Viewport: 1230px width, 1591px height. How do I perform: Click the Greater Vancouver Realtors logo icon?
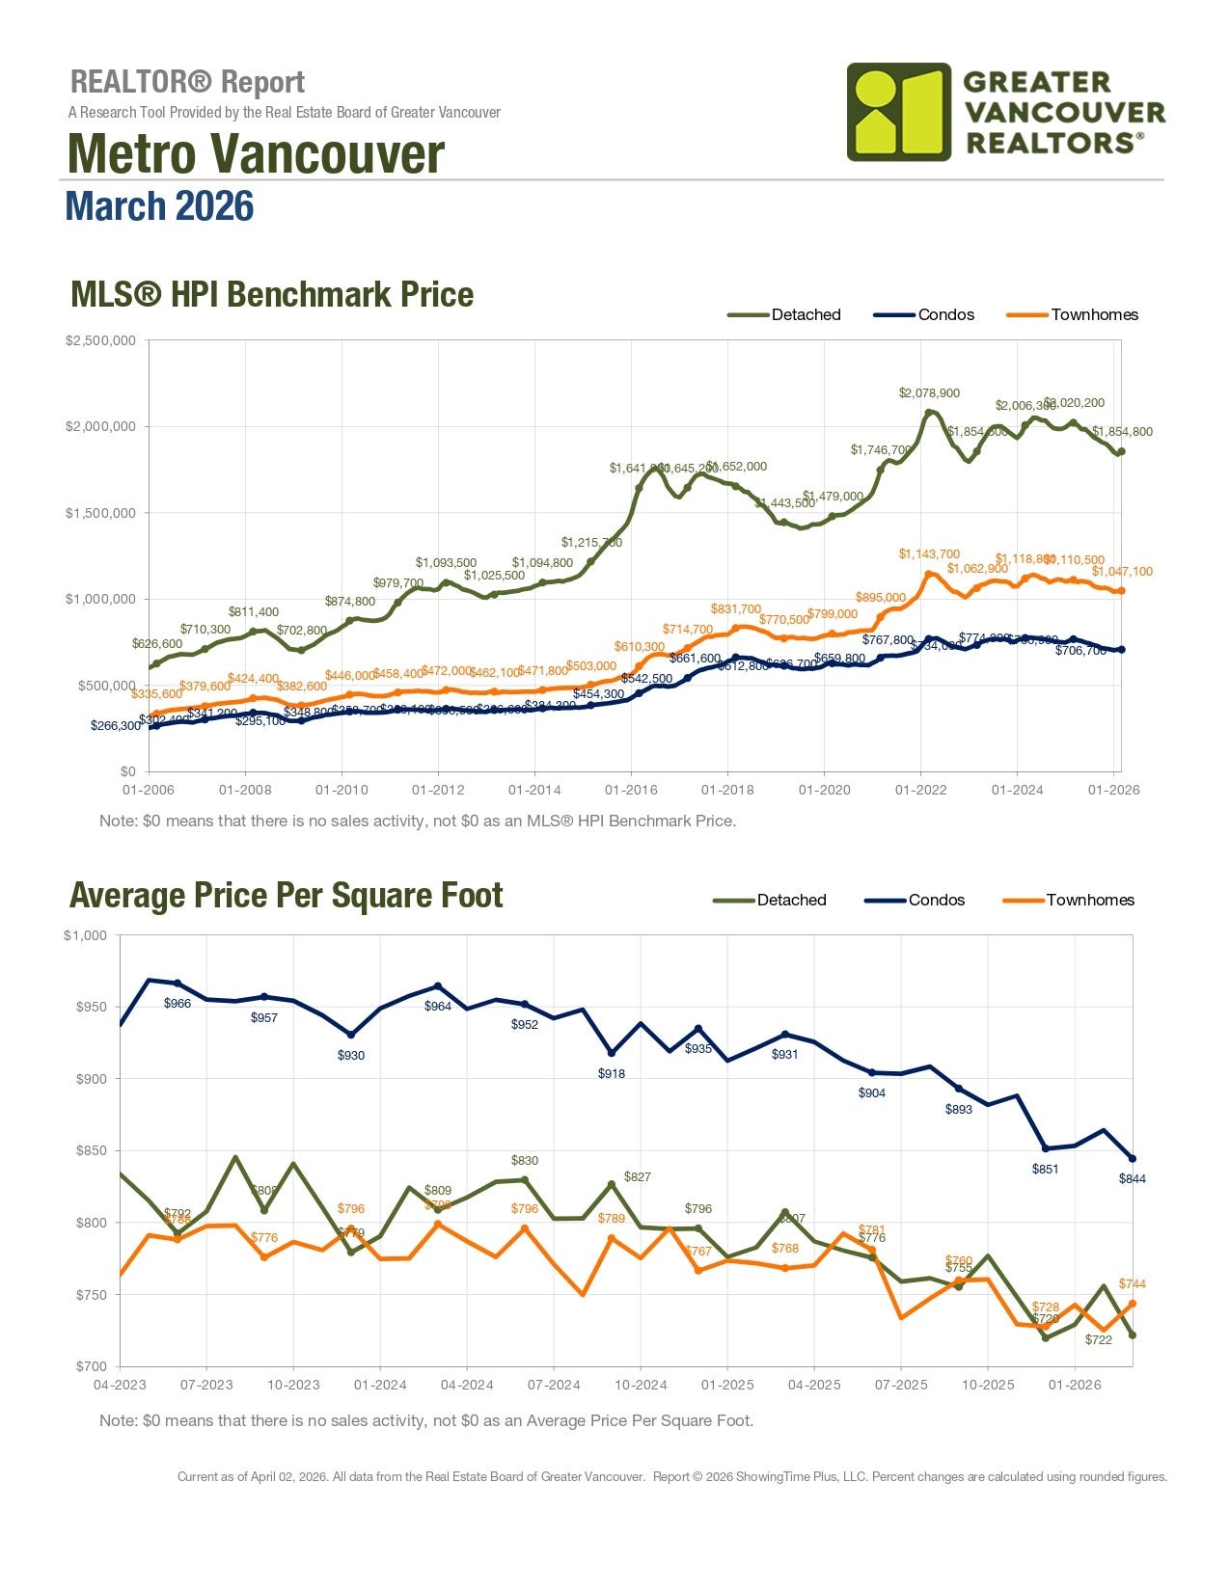tap(898, 112)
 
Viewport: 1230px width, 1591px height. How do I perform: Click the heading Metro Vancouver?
tap(256, 153)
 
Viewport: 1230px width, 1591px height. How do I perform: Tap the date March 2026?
tap(159, 206)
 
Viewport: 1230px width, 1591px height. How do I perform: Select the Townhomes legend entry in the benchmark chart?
tap(1094, 314)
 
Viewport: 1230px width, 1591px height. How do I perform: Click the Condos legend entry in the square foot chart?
tap(936, 900)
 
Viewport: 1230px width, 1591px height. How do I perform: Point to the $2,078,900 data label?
tap(929, 392)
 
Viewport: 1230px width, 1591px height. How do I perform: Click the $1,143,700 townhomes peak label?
tap(929, 553)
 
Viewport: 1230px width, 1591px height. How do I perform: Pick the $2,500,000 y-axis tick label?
tap(100, 340)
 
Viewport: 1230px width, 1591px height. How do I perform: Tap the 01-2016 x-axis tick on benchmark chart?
tap(631, 790)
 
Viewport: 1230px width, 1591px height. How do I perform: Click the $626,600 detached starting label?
tap(156, 643)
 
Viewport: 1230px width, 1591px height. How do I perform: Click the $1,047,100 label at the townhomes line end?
tap(1122, 571)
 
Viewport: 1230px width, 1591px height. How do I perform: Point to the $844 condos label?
tap(1132, 1178)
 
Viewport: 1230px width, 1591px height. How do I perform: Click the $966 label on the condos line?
tap(178, 1003)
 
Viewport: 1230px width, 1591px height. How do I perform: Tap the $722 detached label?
tap(1099, 1339)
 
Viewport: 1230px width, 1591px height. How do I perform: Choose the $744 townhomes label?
tap(1132, 1283)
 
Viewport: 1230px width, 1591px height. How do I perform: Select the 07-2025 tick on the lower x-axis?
tap(901, 1385)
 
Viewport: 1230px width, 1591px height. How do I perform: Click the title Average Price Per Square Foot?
tap(286, 896)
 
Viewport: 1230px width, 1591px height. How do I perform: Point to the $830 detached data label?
tap(525, 1160)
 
